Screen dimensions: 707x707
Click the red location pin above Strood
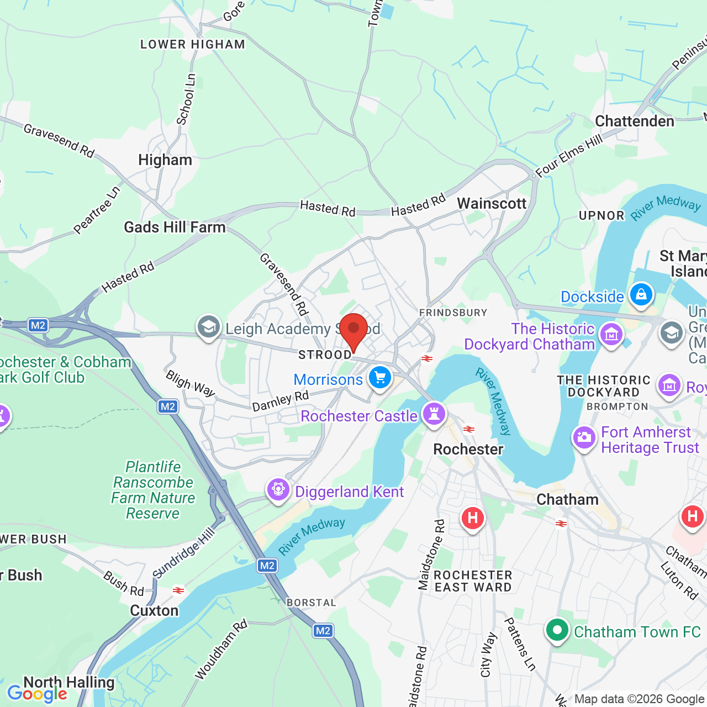[353, 330]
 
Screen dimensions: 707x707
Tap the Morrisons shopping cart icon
[380, 378]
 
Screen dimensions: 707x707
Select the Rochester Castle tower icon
[434, 413]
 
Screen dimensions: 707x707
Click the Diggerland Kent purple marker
[278, 489]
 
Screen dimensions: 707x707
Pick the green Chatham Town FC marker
[557, 630]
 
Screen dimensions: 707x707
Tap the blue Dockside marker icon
[641, 294]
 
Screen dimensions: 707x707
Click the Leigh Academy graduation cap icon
[209, 327]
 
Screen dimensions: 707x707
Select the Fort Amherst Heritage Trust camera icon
[584, 439]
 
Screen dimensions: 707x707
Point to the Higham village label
[165, 160]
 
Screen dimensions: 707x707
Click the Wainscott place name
[492, 204]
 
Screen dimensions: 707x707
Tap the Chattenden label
[634, 122]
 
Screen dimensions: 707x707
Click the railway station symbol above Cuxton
[178, 590]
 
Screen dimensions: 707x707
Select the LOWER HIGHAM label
[192, 45]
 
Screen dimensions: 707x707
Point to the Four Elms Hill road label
[569, 156]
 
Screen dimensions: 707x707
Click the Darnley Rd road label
[280, 402]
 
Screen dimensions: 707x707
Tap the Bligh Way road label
[191, 383]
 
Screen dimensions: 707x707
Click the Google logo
[37, 694]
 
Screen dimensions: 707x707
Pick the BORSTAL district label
[311, 603]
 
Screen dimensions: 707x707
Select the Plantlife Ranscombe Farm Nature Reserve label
[153, 490]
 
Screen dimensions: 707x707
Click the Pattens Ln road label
[520, 644]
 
